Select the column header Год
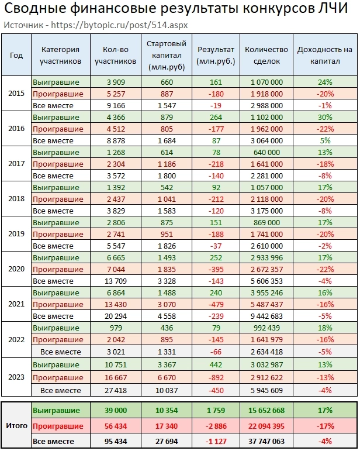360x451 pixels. [16, 56]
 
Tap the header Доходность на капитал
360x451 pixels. [325, 56]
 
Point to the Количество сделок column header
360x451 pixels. [267, 56]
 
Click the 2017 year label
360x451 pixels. [16, 164]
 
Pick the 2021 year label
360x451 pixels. [16, 304]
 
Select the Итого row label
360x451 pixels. [16, 425]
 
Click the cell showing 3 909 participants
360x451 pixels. [115, 82]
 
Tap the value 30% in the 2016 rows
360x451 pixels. [326, 117]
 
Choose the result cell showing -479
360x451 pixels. [216, 304]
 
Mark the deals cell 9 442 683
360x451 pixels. [267, 316]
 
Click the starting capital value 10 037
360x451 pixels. [167, 390]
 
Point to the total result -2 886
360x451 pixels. [216, 426]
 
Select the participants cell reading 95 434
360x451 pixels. [115, 441]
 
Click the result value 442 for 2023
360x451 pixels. [216, 366]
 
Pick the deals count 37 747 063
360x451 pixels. [267, 441]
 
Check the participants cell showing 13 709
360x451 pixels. [115, 281]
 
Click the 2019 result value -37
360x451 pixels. [216, 246]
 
